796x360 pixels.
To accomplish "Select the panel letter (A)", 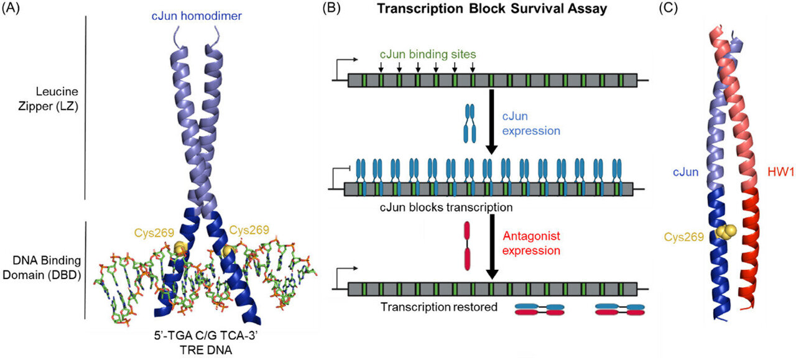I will pos(13,11).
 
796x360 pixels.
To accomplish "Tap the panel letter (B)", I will pos(333,11).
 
